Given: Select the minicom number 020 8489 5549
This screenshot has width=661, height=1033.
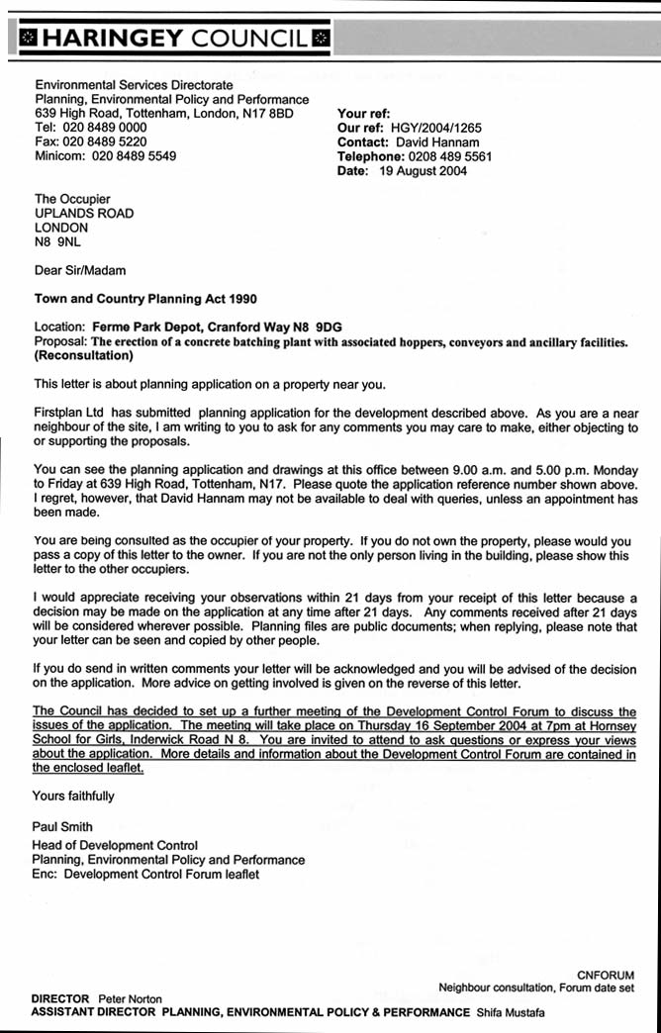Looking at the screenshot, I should click(135, 156).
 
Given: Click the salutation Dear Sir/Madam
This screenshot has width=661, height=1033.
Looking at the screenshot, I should click(80, 269).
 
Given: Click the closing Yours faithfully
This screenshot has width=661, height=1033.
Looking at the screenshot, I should click(74, 796).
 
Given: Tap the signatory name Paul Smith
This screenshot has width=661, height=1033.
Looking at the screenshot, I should click(63, 826).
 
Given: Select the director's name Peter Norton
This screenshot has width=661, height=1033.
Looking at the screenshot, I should click(130, 999).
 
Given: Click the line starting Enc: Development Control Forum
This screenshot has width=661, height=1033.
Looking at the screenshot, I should click(145, 875).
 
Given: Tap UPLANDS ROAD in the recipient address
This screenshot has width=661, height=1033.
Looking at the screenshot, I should click(84, 213).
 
